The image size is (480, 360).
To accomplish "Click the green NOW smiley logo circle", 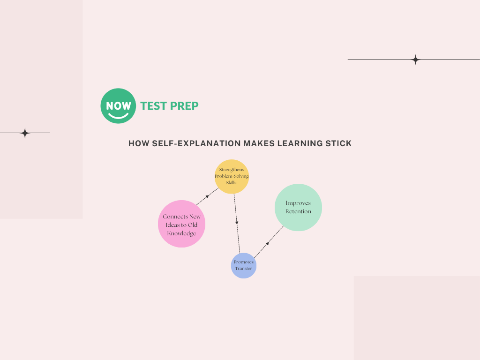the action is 118,106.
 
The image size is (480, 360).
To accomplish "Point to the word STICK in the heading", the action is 338,143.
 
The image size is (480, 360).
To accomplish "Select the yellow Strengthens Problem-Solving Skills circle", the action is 232,176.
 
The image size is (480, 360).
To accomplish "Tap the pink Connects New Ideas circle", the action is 181,224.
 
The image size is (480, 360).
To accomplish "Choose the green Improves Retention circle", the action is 298,207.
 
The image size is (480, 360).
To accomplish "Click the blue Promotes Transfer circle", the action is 244,265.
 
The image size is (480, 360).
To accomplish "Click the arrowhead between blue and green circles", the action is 268,243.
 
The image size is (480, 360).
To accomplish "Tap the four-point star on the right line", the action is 415,60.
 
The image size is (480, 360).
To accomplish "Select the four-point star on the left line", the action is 25,133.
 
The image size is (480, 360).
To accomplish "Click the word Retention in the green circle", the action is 298,211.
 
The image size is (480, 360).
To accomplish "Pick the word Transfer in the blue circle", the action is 244,269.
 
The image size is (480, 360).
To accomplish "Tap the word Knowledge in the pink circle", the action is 181,233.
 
